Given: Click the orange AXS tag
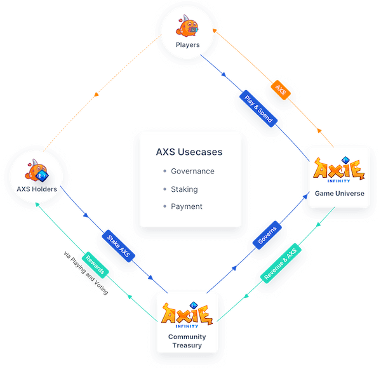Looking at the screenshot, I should click(281, 88).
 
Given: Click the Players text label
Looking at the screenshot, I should click(188, 45).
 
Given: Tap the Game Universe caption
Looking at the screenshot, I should click(339, 193).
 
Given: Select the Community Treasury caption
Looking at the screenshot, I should click(187, 341).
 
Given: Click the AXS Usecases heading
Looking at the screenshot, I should click(189, 152).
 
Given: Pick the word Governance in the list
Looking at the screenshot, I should click(192, 171).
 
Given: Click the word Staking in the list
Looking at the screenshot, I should click(184, 189).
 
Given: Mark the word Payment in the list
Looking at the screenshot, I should click(187, 206).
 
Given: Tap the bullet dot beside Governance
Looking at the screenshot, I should click(164, 171).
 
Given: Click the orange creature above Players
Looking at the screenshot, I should click(189, 27).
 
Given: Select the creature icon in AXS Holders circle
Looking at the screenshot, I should click(38, 171).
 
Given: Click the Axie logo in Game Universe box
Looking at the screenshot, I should click(338, 170).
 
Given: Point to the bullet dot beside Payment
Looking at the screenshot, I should click(164, 206).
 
